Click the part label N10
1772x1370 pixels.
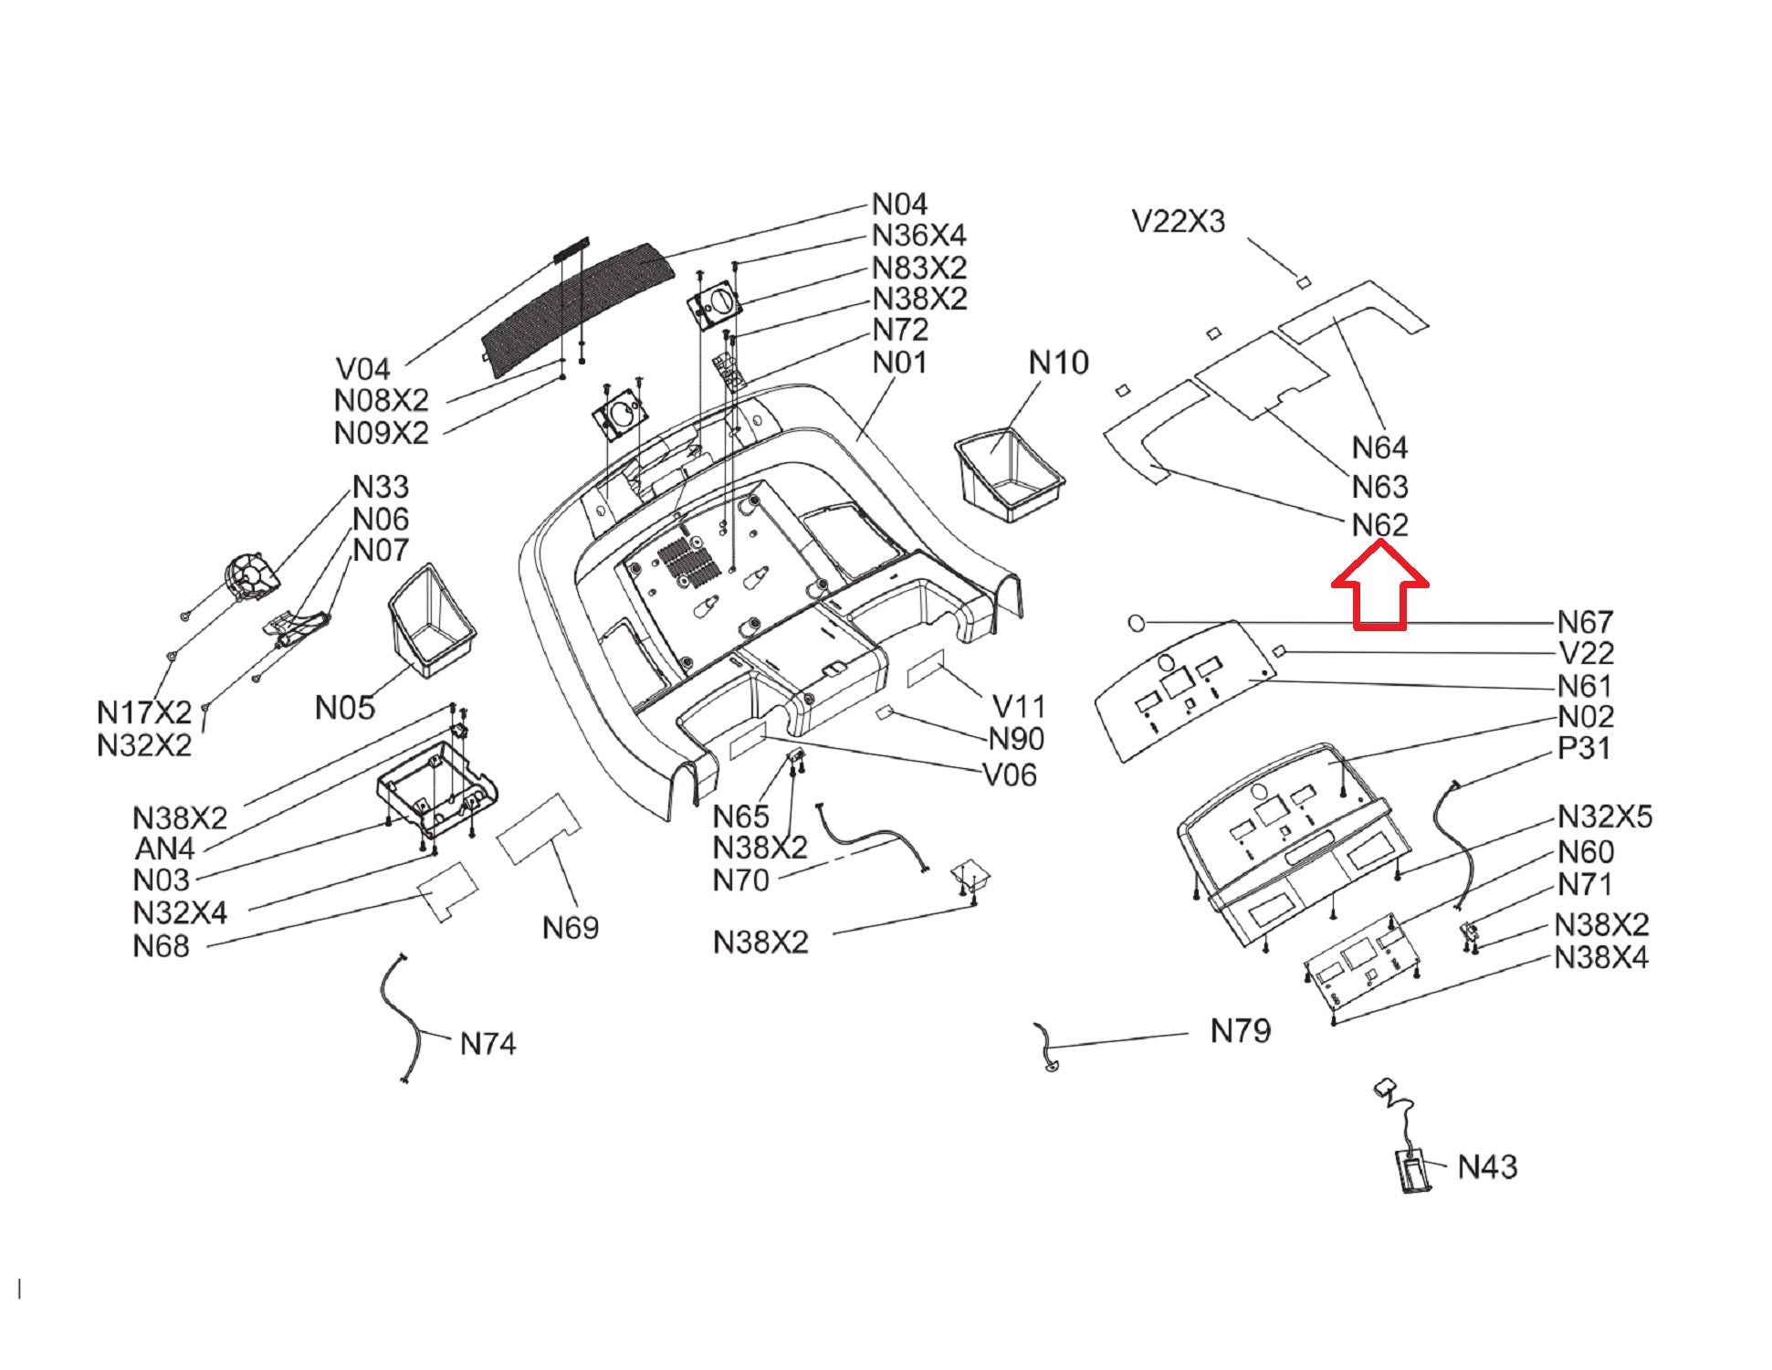(x=1058, y=363)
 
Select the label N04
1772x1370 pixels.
(x=899, y=204)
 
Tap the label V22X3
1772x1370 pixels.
(x=1178, y=221)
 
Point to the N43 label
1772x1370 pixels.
(x=1487, y=1166)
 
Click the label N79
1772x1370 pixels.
(x=1240, y=1031)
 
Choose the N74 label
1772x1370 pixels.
(x=488, y=1043)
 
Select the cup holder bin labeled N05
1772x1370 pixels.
(x=431, y=620)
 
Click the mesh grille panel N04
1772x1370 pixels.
(x=579, y=310)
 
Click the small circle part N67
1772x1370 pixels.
(x=1137, y=623)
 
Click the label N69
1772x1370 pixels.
(x=570, y=928)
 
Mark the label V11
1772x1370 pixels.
(x=1018, y=706)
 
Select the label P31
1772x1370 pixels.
(x=1584, y=748)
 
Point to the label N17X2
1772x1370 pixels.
(x=144, y=712)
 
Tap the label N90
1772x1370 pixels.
(x=1016, y=739)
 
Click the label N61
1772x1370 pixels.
(x=1585, y=686)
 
